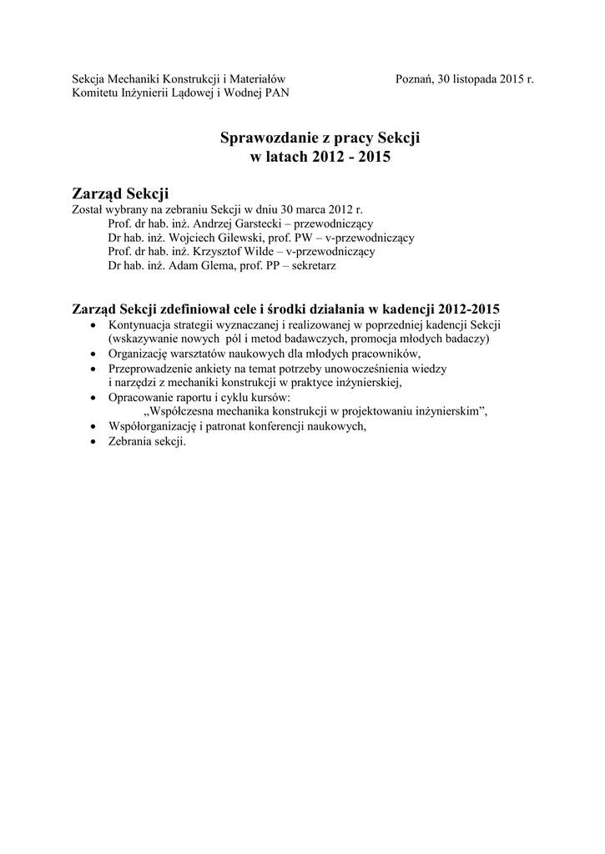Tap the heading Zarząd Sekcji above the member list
tap(121, 194)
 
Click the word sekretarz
tap(312, 265)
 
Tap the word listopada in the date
tap(473, 79)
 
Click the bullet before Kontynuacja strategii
tap(92, 326)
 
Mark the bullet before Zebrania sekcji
tap(92, 442)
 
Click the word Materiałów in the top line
tap(258, 79)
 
